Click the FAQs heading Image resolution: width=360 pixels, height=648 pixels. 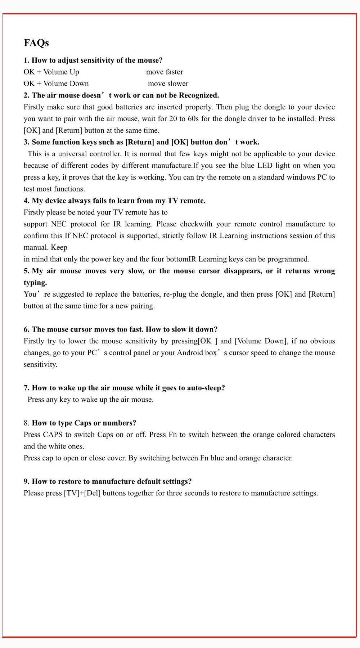tap(36, 43)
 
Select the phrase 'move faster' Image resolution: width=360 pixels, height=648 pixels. tap(165, 72)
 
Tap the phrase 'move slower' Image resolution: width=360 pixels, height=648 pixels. tap(168, 84)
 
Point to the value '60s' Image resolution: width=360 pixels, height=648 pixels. tap(193, 119)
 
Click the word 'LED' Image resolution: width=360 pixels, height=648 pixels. tap(265, 166)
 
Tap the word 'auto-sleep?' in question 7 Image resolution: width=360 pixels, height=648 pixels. tap(206, 388)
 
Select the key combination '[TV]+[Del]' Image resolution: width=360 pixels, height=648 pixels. tap(82, 493)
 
